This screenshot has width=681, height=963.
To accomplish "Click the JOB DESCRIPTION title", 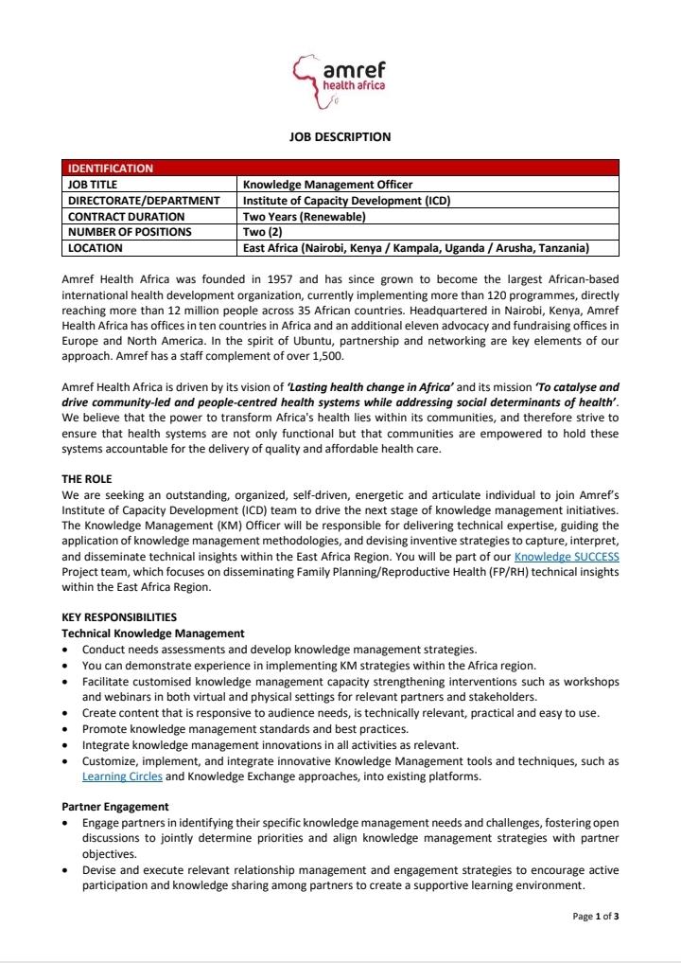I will coord(340,137).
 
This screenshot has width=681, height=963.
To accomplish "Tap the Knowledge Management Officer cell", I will coord(327,185).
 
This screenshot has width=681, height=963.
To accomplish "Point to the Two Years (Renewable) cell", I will coord(304,217).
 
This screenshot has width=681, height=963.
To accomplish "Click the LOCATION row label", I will coord(96,248).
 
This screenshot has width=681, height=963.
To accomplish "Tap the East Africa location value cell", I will coord(416,248).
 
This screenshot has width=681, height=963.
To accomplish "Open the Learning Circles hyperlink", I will coord(122,777).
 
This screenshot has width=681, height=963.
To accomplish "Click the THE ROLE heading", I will coord(86,480).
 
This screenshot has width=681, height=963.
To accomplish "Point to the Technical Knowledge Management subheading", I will coord(152,633).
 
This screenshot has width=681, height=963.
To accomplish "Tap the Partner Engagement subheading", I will coord(114,807).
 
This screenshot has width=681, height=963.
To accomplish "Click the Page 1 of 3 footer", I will coord(596,917).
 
